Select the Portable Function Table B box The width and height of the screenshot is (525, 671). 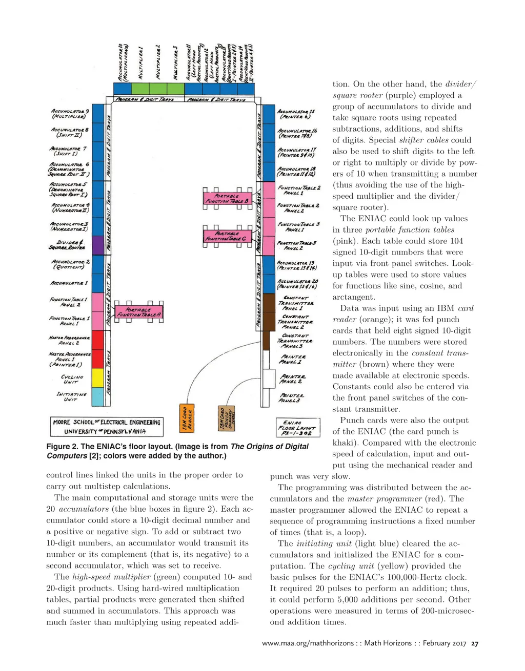click(227, 198)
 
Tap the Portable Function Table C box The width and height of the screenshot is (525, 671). click(227, 236)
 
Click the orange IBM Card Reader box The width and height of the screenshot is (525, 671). click(187, 419)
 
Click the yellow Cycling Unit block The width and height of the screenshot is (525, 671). click(97, 378)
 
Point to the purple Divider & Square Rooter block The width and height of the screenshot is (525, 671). click(97, 245)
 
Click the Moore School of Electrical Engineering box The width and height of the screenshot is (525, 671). click(107, 427)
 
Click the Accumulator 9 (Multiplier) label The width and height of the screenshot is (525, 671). click(70, 114)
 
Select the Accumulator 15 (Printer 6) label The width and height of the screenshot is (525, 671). click(296, 114)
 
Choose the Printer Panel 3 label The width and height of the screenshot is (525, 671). click(292, 397)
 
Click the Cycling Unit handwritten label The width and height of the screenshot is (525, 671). click(71, 379)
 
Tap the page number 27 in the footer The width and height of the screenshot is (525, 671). click(475, 644)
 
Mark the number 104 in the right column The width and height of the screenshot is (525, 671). click(455, 241)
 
